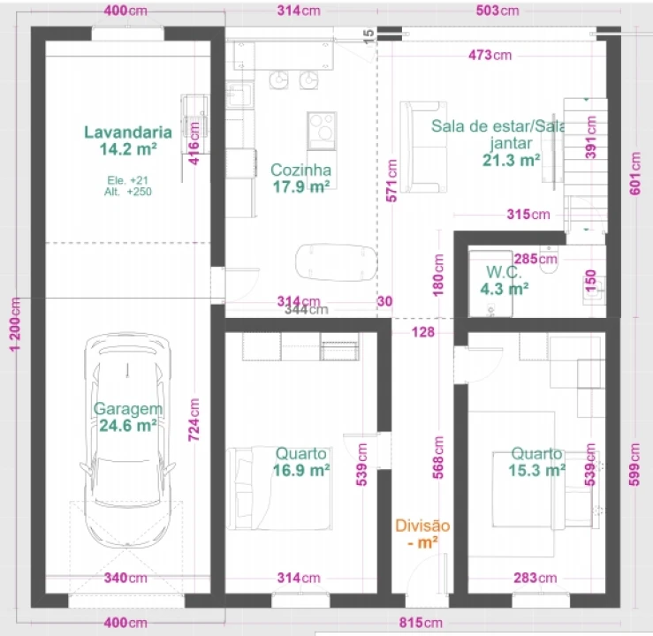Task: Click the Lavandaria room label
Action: pos(128,132)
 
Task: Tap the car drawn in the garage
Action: pos(127,440)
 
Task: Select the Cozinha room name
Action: pos(300,170)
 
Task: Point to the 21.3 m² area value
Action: pos(512,160)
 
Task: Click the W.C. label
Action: pos(504,272)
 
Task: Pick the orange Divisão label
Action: pos(422,526)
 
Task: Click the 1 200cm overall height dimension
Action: pos(15,324)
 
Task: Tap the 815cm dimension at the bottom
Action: pos(421,623)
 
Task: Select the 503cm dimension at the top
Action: pos(497,11)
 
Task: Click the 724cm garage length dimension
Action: pos(194,420)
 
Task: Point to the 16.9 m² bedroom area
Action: pos(301,470)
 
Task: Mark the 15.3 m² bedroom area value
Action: pos(537,470)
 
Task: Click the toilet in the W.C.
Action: pos(549,261)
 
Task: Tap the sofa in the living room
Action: pos(423,147)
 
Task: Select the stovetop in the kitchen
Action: pos(322,131)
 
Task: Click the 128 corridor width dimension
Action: pos(422,332)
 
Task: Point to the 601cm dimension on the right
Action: pos(635,173)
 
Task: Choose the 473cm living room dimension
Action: pos(490,55)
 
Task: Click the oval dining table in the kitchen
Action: pos(336,262)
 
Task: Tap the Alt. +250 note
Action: pos(128,192)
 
